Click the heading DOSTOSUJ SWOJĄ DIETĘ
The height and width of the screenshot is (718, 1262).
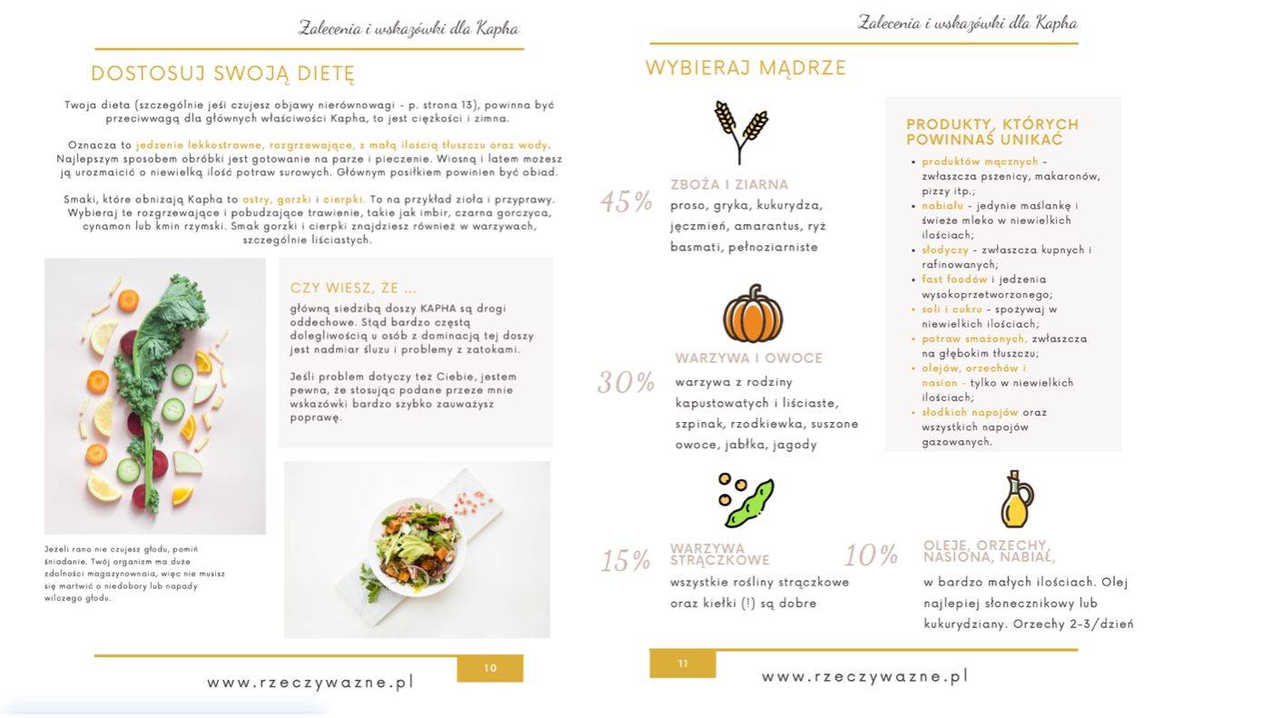(x=222, y=74)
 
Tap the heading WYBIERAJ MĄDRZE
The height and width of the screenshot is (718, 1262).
(x=745, y=68)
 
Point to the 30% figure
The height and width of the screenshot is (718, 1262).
(x=626, y=383)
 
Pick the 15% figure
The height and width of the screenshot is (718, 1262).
(x=626, y=561)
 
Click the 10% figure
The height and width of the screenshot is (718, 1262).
(x=871, y=556)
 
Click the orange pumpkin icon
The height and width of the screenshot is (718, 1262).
(x=753, y=313)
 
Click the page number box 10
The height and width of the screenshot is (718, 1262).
(x=490, y=668)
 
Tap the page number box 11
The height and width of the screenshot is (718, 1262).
(x=683, y=664)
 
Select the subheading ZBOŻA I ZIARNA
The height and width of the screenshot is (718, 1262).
(x=729, y=184)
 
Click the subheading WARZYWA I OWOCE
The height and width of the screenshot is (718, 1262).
(x=748, y=358)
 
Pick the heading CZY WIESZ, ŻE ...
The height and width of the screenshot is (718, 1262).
(x=353, y=288)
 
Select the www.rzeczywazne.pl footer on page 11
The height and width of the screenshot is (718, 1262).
(x=864, y=676)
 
